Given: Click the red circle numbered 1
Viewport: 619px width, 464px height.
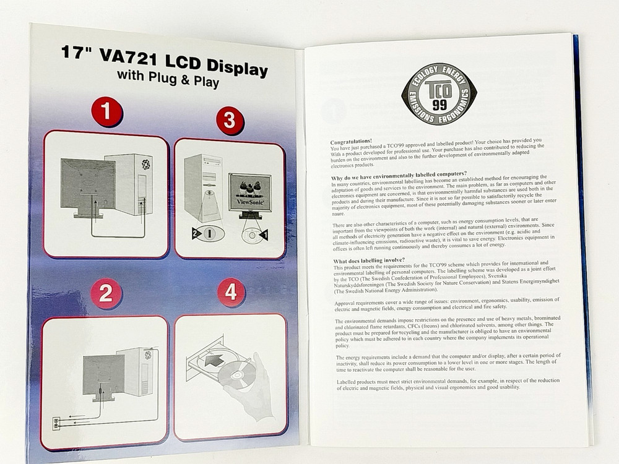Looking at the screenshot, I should coord(106,111).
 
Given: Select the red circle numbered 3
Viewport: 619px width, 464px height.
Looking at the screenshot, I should coord(229,121).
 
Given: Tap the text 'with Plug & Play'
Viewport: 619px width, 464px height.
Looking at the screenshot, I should coord(168,79).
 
